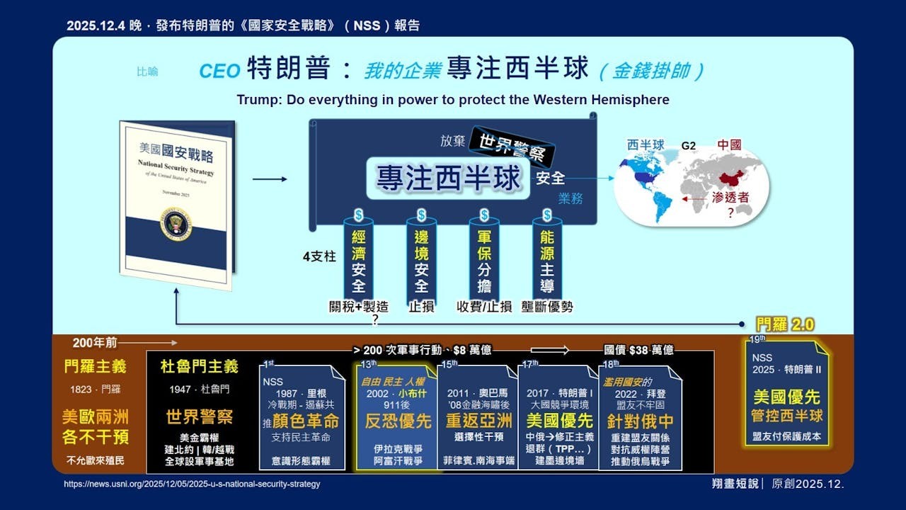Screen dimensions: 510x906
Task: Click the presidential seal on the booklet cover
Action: (x=176, y=224)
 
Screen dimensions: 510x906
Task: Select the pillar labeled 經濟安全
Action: (x=359, y=261)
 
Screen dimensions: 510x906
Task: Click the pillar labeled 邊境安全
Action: (x=421, y=261)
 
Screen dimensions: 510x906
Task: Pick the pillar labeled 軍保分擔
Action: (x=484, y=261)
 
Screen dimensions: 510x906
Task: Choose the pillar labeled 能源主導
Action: (x=547, y=261)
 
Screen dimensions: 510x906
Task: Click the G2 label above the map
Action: (x=688, y=145)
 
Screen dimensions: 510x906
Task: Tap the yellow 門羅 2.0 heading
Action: (x=785, y=325)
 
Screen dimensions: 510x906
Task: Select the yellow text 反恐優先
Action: (x=397, y=421)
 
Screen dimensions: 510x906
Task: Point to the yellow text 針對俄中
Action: (x=640, y=421)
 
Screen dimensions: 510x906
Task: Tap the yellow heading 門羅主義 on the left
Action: (x=95, y=366)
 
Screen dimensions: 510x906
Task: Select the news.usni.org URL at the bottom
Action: (x=192, y=484)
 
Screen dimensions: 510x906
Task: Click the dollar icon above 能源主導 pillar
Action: (x=547, y=215)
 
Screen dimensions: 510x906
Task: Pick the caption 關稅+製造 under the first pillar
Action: (x=359, y=307)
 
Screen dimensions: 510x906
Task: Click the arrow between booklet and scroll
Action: (x=270, y=179)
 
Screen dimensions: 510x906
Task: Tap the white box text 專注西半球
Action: (x=448, y=178)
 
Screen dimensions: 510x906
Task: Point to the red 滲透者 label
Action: (x=733, y=198)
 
